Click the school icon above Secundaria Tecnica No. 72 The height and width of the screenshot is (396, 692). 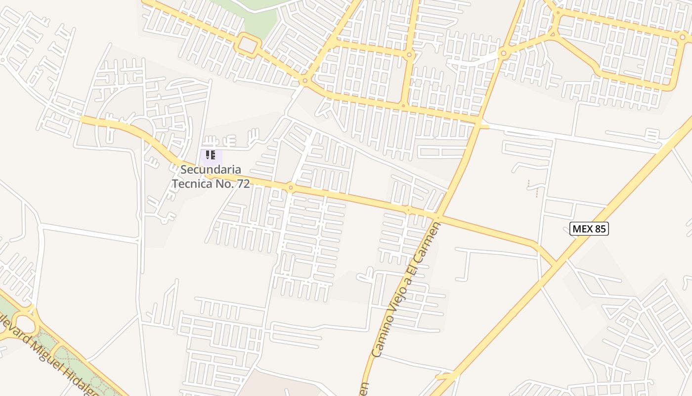211,155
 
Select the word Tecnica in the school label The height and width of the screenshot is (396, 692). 191,184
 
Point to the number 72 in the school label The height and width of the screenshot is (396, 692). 243,184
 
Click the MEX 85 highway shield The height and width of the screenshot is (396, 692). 589,229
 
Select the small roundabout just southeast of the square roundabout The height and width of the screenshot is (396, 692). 305,80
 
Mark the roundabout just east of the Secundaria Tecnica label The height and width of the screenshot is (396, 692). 291,187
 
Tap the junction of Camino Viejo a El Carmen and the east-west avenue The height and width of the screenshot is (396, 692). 437,216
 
